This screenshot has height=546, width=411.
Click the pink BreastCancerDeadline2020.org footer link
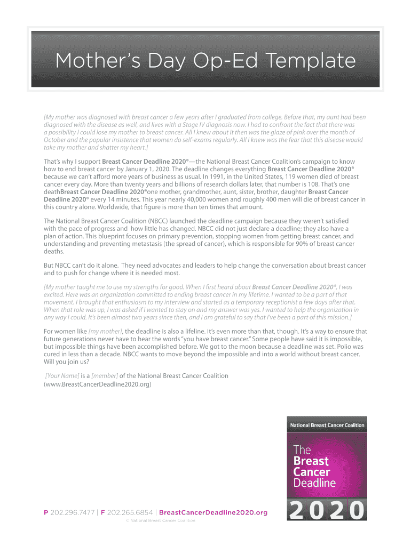[x=214, y=512]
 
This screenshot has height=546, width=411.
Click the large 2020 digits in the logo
[x=327, y=510]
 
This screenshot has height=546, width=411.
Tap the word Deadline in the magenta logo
[x=314, y=483]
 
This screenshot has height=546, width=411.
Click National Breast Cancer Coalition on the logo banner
[x=327, y=425]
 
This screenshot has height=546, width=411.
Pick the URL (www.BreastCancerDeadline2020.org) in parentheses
[x=98, y=383]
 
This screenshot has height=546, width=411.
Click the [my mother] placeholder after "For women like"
[x=105, y=331]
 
